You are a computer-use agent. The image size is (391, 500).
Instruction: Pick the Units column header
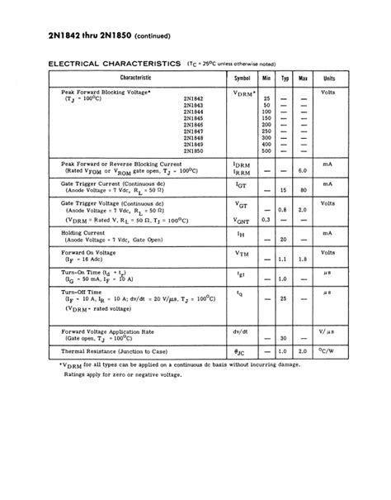tap(327, 76)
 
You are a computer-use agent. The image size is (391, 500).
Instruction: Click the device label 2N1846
tap(194, 124)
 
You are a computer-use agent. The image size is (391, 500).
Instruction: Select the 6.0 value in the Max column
tap(304, 170)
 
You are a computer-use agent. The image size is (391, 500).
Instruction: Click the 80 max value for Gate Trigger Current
tap(304, 190)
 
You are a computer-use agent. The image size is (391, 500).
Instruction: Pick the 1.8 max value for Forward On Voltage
tap(304, 260)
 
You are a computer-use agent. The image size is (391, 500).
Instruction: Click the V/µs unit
tap(327, 331)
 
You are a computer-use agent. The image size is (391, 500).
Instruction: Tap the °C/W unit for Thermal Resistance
tap(327, 351)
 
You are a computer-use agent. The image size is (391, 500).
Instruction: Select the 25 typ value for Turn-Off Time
tap(285, 298)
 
